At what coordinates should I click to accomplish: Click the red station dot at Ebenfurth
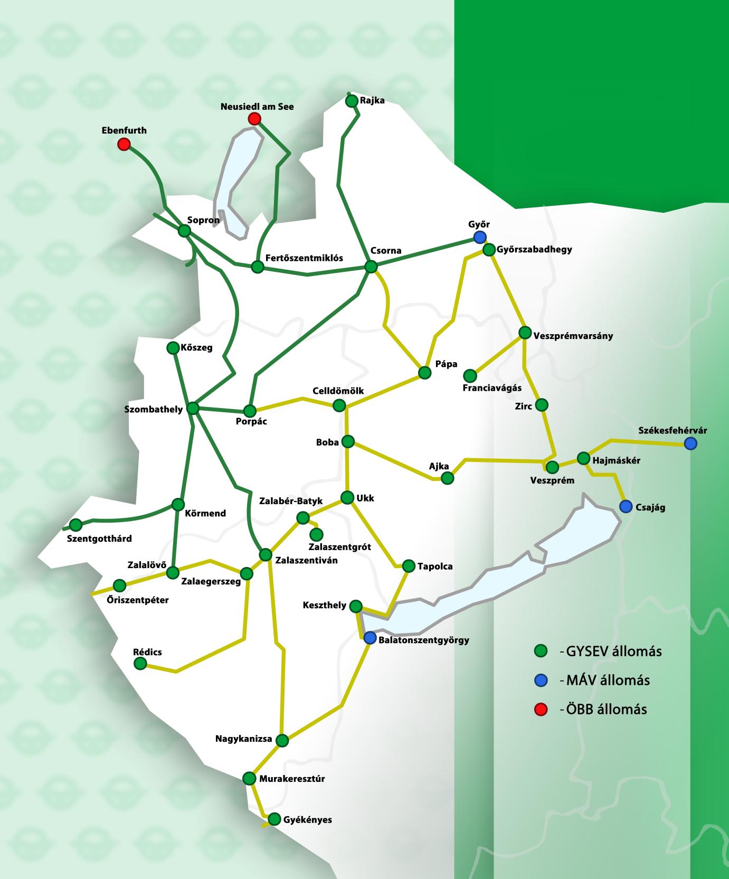point(124,144)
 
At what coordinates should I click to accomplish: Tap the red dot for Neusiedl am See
point(254,119)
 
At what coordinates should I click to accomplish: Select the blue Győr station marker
point(479,237)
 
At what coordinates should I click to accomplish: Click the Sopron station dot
point(184,231)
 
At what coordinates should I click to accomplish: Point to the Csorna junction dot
point(372,267)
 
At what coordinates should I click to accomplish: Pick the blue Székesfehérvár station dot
point(690,444)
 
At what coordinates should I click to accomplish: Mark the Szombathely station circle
point(193,408)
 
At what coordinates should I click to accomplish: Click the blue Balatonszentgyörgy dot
point(370,638)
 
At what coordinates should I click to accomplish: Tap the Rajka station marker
point(352,100)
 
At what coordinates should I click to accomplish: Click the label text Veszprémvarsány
point(573,335)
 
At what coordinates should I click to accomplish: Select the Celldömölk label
point(338,391)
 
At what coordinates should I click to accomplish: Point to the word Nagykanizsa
point(243,739)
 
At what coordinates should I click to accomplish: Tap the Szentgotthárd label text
point(100,538)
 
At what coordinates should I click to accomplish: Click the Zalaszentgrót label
point(339,547)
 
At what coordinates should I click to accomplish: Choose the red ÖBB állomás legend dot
point(540,710)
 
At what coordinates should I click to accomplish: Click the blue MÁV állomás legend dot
point(540,680)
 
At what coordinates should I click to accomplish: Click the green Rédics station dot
point(140,664)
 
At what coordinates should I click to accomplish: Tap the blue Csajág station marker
point(626,507)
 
